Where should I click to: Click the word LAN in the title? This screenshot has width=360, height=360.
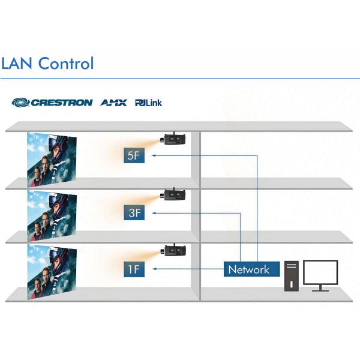[16, 63]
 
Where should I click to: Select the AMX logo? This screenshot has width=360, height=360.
[113, 103]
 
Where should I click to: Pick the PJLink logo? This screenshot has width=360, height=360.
[148, 103]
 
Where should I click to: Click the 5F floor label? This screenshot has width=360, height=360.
[135, 156]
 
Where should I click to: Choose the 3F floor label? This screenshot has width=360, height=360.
[135, 212]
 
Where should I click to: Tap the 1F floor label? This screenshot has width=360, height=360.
[135, 269]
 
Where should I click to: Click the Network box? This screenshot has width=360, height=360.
[248, 269]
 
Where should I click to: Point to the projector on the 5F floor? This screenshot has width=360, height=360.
[174, 139]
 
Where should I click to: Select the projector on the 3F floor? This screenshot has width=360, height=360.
[174, 194]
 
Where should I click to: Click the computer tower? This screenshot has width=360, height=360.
[292, 275]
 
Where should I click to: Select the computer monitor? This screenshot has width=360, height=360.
[320, 274]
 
